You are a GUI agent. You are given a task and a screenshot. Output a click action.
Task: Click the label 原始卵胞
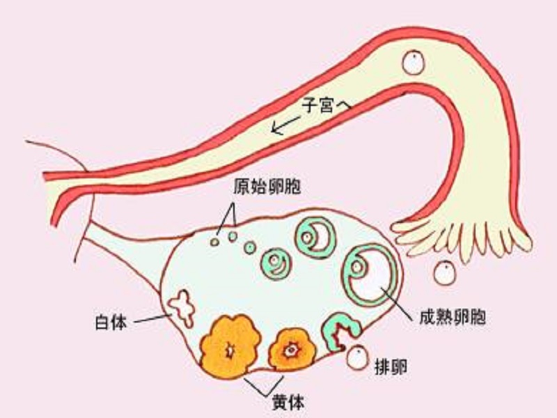pyautogui.click(x=267, y=186)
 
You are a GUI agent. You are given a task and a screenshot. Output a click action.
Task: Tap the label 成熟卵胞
pyautogui.click(x=452, y=317)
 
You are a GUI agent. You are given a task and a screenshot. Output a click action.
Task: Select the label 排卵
pyautogui.click(x=391, y=366)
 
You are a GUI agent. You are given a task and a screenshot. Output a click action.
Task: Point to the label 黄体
pyautogui.click(x=288, y=403)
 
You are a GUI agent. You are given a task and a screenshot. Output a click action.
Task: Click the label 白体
pyautogui.click(x=111, y=322)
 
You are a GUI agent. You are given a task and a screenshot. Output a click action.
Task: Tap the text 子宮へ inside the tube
pyautogui.click(x=326, y=104)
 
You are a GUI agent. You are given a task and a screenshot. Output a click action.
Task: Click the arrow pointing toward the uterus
pyautogui.click(x=285, y=125)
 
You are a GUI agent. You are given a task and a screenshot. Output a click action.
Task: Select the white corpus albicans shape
pyautogui.click(x=182, y=308)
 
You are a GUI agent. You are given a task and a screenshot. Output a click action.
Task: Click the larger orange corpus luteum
pyautogui.click(x=231, y=346)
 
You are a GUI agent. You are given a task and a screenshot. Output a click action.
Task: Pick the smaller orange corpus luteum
pyautogui.click(x=292, y=350)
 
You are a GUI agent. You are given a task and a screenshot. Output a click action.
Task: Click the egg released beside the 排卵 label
pyautogui.click(x=357, y=358)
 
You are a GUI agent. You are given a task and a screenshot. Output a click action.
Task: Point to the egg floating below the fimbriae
pyautogui.click(x=444, y=273)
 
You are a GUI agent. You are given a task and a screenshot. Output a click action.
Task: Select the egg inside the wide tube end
pyautogui.click(x=414, y=62)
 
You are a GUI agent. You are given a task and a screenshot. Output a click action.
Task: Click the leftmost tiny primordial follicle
pyautogui.click(x=214, y=242)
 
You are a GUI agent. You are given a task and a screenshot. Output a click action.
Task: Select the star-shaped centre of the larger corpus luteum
pyautogui.click(x=230, y=351)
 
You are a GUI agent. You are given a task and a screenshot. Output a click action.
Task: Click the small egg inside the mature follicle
pyautogui.click(x=356, y=267)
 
